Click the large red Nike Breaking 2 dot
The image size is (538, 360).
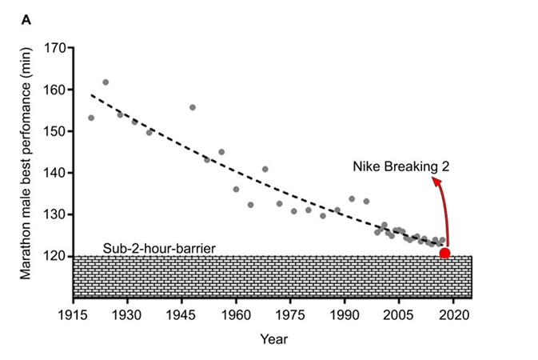tap(444, 254)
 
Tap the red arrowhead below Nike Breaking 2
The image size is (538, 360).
tap(436, 182)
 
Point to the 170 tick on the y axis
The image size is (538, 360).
tap(54, 48)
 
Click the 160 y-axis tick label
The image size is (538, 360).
tap(54, 90)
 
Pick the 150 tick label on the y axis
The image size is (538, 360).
tap(54, 131)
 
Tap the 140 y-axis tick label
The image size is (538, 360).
tap(54, 173)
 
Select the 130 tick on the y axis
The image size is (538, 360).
tap(54, 214)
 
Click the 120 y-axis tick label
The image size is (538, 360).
tap(54, 256)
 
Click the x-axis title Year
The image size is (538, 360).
tap(273, 338)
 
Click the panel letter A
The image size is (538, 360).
tap(26, 20)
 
